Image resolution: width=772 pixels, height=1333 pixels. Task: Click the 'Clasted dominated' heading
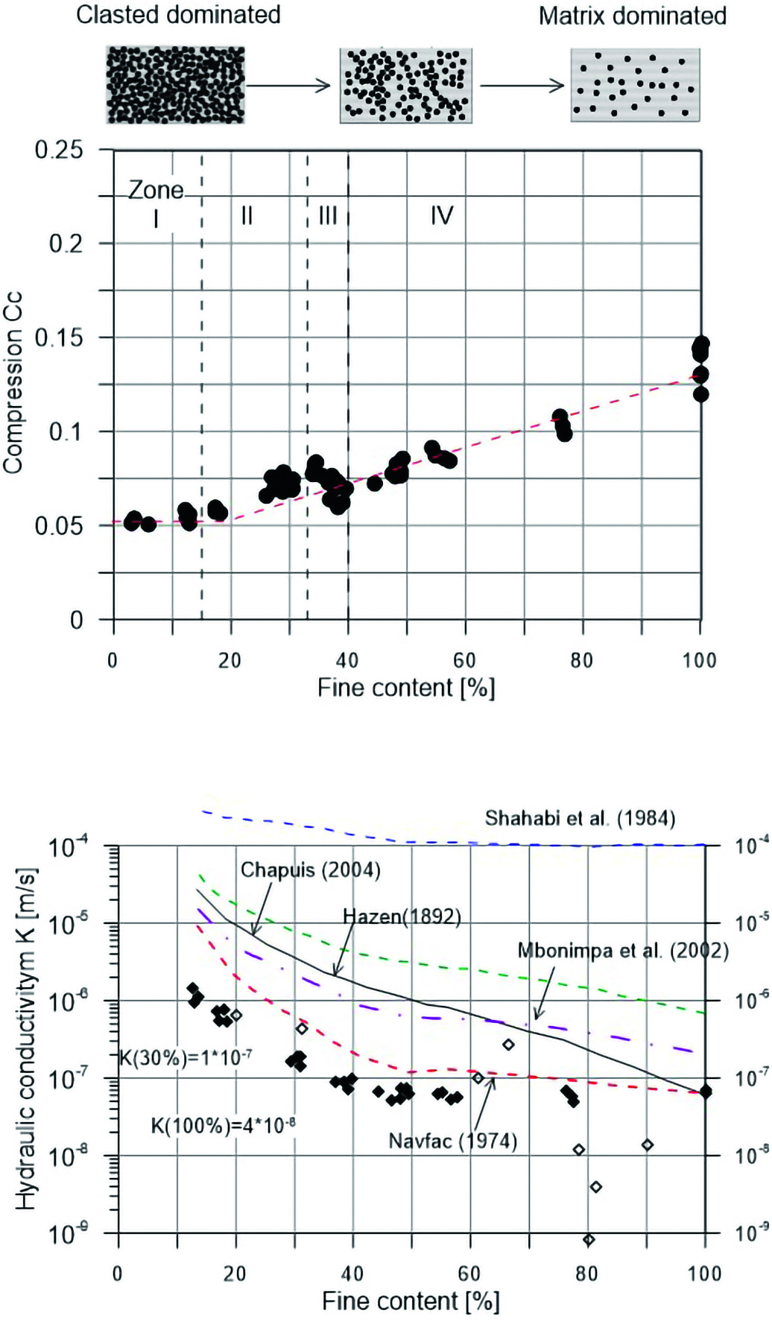178,15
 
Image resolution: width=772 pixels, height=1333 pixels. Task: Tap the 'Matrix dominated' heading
632,16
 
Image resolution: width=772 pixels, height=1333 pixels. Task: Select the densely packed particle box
175,85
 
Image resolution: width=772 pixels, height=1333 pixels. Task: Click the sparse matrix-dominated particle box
635,85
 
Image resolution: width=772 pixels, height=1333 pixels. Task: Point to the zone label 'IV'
441,216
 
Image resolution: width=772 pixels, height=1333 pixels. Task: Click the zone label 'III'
327,216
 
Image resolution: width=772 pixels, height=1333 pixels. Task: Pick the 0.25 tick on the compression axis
59,150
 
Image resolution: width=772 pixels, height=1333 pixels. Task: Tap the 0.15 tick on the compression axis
59,338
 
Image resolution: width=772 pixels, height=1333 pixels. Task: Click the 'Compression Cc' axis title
13,382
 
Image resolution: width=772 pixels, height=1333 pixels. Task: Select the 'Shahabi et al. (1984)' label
580,818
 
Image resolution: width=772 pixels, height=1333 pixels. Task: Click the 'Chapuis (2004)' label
310,870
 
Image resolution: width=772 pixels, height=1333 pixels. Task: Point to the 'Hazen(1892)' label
402,916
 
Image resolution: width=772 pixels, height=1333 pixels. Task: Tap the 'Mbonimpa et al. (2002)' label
623,951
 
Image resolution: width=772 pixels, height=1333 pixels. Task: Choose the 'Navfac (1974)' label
452,1141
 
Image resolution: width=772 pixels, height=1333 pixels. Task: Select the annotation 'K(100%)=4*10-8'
223,1125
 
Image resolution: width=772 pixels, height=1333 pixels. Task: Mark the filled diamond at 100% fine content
706,1092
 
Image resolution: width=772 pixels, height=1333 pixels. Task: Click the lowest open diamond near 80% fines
589,1240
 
